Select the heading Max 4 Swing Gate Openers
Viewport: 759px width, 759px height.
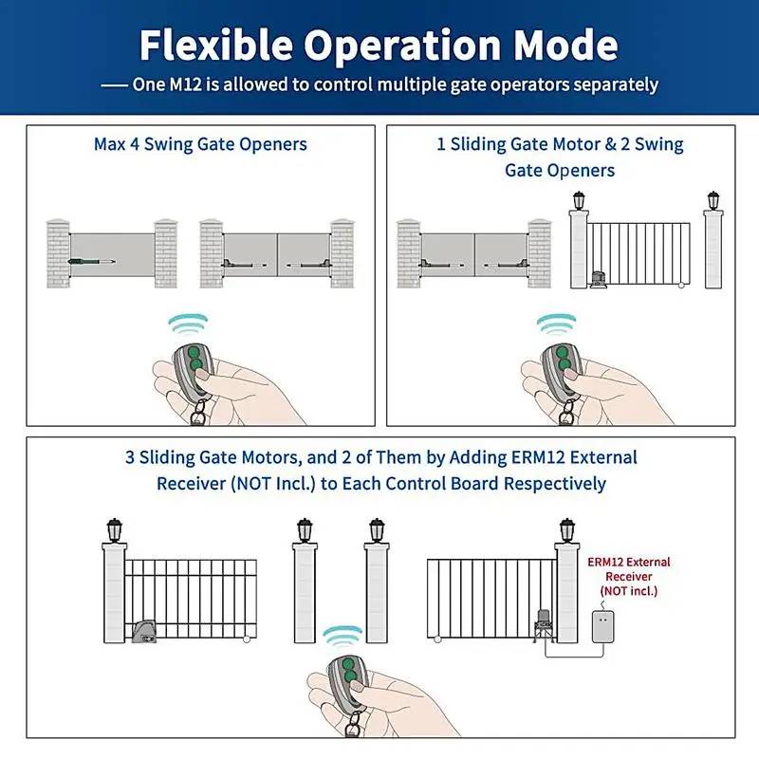pyautogui.click(x=200, y=144)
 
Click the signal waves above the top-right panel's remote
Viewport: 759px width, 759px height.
pyautogui.click(x=557, y=325)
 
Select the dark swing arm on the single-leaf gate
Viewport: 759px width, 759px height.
pyautogui.click(x=92, y=259)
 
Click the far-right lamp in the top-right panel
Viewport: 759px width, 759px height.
pyautogui.click(x=713, y=201)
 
